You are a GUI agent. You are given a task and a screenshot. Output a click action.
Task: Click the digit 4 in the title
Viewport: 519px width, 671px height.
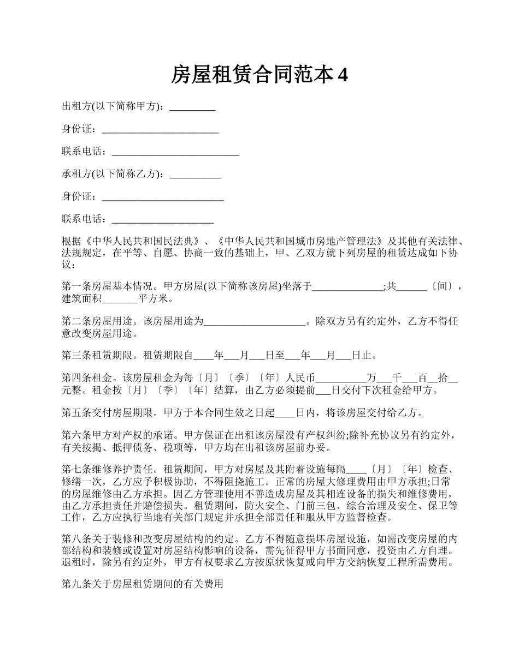[x=343, y=75]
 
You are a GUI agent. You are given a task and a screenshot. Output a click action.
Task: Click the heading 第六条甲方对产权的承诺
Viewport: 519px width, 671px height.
[x=117, y=436]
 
